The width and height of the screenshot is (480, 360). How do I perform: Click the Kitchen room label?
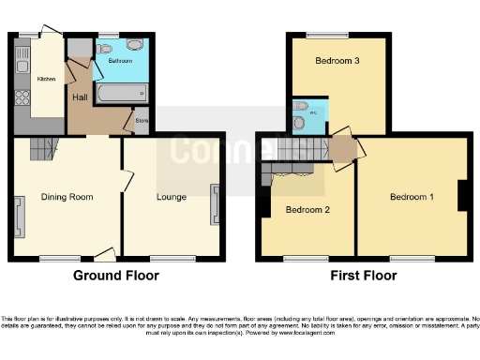(x=45, y=79)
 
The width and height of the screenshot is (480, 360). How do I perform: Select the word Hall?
(x=80, y=96)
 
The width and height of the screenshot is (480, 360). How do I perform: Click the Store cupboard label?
(x=142, y=121)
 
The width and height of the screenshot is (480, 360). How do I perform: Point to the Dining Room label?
(x=66, y=197)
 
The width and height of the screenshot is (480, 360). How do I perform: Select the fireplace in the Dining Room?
(x=19, y=214)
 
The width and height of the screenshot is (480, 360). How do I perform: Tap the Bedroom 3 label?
(x=337, y=62)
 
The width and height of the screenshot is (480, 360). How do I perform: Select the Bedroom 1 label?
(x=412, y=197)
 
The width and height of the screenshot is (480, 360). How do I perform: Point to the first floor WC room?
(x=304, y=115)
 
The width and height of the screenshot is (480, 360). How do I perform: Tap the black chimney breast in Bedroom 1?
(x=462, y=195)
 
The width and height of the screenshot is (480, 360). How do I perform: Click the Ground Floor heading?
(x=116, y=276)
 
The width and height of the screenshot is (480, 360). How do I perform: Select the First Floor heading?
(x=364, y=276)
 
